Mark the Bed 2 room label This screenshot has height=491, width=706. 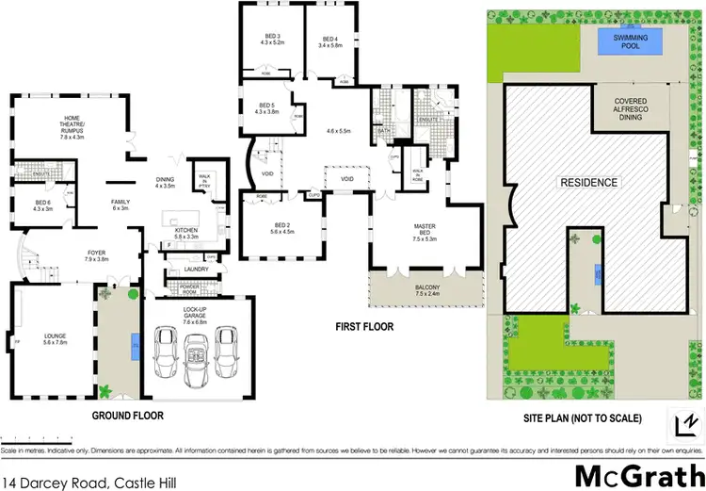click(x=268, y=229)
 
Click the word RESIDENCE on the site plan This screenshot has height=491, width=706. click(x=589, y=183)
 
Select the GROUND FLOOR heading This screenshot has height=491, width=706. click(x=127, y=415)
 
